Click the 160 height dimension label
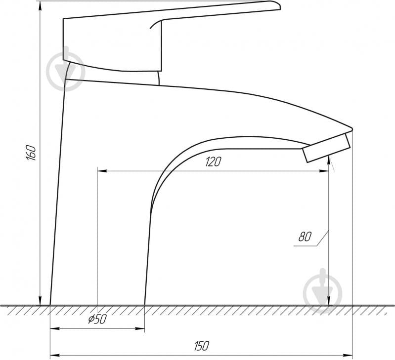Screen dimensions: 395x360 click(x=31, y=153)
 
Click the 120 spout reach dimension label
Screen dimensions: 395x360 click(x=213, y=162)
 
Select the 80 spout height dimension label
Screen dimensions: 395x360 click(x=305, y=237)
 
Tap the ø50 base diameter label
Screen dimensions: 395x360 click(x=98, y=319)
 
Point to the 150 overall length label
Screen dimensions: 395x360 click(x=202, y=346)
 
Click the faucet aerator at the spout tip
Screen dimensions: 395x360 click(x=326, y=148)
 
